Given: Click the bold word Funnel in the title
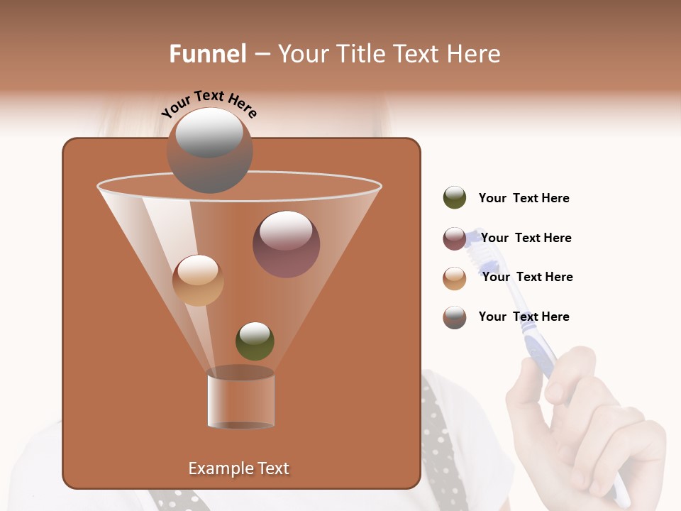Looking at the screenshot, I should coord(208,54).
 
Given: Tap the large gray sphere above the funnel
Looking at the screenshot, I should coord(209,150).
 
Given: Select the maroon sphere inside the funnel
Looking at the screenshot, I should coord(286,243).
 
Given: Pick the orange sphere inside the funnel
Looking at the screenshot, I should coord(198,280).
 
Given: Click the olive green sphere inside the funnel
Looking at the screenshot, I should coord(255,341).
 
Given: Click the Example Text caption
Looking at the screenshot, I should coord(238,468).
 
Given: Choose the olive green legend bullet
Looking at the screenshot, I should coord(455,198).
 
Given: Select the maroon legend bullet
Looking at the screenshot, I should coord(455,238).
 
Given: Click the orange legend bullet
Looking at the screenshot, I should coord(455,278).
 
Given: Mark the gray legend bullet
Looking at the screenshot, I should coord(455,317).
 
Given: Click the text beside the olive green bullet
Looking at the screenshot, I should coord(524,199).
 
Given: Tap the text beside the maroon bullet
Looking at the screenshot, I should coord(526,238).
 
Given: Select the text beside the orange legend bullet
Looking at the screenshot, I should coord(527,278).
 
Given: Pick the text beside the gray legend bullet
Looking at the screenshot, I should coord(524,317).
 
